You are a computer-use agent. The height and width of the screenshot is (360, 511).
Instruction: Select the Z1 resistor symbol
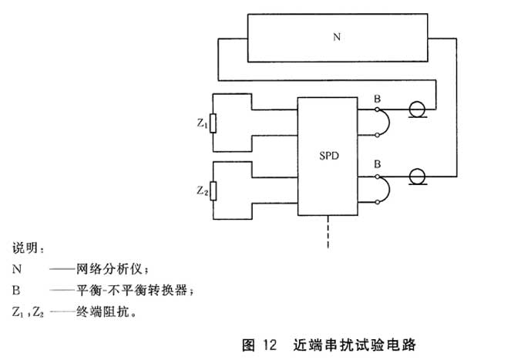tap(213, 123)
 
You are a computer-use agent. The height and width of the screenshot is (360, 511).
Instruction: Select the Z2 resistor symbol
tap(213, 190)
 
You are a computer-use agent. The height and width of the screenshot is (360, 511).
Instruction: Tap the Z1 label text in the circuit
tap(202, 123)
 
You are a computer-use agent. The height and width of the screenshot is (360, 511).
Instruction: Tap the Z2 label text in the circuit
tap(202, 190)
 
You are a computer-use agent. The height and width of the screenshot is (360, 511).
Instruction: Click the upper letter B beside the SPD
tap(376, 99)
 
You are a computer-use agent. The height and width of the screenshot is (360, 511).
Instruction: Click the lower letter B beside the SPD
tap(376, 164)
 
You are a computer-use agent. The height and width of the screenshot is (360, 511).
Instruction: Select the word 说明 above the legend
tap(29, 248)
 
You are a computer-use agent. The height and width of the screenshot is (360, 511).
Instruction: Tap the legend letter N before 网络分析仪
tap(17, 269)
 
